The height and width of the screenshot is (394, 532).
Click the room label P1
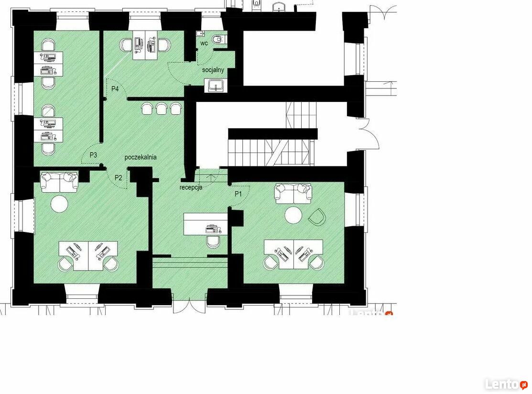tap(238, 194)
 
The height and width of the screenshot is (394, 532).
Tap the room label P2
tap(119, 177)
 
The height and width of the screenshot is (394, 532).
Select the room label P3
tap(93, 155)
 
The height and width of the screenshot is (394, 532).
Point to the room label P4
tap(115, 89)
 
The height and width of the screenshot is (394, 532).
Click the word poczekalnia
tap(141, 157)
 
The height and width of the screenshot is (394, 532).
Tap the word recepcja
tap(191, 187)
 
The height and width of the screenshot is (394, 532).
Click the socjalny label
tap(213, 70)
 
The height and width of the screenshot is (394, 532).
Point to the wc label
tap(204, 44)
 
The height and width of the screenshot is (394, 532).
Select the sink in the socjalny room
tap(216, 86)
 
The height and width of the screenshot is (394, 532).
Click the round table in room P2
tap(59, 204)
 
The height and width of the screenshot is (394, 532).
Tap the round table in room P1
tap(293, 216)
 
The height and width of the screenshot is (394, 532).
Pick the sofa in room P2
tap(59, 182)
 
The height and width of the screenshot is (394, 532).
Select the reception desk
tap(206, 224)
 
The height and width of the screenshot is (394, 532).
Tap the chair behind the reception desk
tap(213, 241)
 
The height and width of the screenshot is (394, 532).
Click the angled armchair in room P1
tap(317, 217)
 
